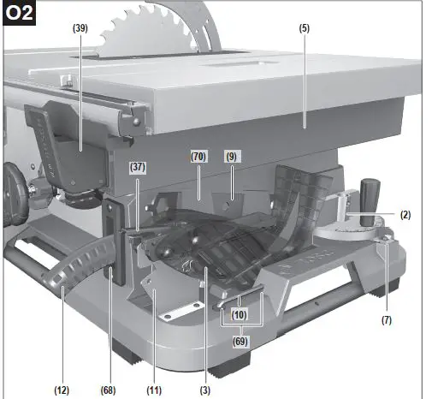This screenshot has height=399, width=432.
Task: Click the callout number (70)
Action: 198,157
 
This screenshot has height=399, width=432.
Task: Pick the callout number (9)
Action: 231,157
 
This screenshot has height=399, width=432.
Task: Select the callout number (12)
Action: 61,390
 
